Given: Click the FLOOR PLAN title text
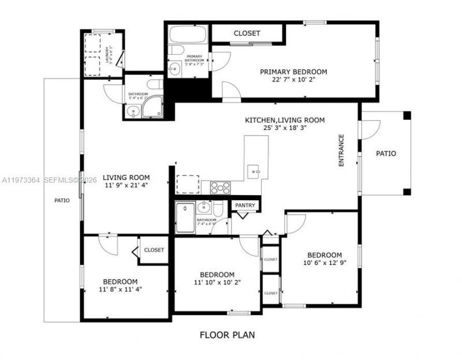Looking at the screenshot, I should click(x=227, y=335).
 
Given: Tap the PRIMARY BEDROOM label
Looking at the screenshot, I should click(x=293, y=72).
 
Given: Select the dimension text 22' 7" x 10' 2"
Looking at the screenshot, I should click(x=293, y=80).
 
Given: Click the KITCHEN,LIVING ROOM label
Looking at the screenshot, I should click(x=285, y=120).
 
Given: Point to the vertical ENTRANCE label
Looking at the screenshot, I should click(x=341, y=151).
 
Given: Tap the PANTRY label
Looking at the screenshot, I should click(x=246, y=205).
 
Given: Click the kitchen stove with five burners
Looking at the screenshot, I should click(x=220, y=187).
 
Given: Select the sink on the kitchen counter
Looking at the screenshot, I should click(x=255, y=171).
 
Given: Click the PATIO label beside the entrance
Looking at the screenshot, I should click(x=386, y=154).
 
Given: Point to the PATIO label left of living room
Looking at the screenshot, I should click(x=62, y=201).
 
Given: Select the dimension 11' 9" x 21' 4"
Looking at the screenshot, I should click(x=126, y=186).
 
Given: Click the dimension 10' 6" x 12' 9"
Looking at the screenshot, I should click(x=324, y=263).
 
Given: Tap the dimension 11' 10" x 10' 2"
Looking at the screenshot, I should click(x=217, y=282).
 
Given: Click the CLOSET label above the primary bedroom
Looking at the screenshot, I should click(x=247, y=33).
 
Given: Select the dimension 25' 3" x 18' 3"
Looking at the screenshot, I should click(x=285, y=128).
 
